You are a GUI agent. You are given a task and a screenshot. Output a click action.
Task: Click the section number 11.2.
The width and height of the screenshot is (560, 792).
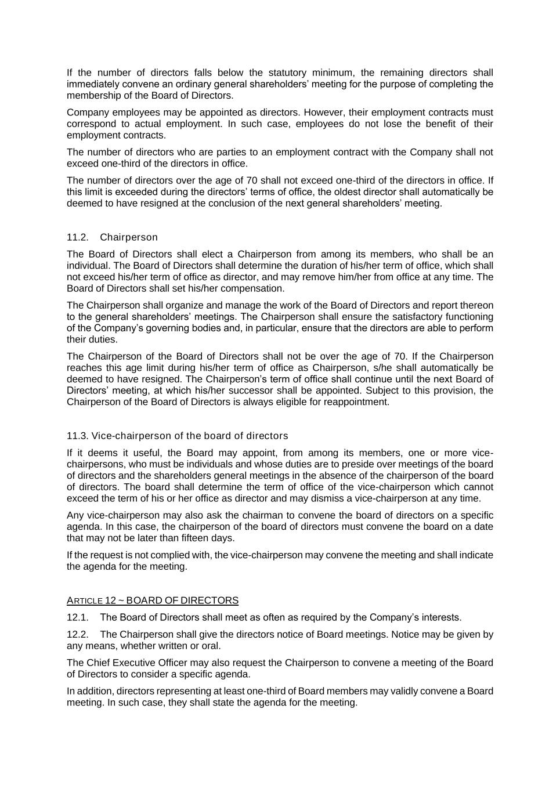point(77,237)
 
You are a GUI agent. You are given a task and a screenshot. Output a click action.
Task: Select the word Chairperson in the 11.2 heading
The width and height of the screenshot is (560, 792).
point(128,237)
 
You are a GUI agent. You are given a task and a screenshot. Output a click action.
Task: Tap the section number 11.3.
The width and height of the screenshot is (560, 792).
point(77,436)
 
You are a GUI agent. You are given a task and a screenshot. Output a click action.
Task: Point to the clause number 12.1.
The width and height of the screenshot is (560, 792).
point(77,617)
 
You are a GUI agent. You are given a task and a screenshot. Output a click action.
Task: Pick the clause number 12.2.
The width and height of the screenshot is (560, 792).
point(77,634)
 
